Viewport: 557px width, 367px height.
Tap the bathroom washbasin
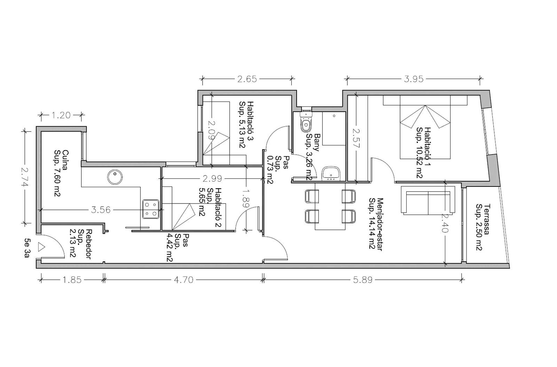point(331,174)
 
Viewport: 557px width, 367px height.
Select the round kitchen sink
point(115,177)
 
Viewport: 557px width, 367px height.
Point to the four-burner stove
point(151,209)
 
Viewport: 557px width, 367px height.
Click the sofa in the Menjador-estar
point(428,200)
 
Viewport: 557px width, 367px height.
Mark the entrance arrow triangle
point(41,247)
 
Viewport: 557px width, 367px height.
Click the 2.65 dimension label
point(247,79)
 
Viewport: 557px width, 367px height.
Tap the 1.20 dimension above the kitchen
point(61,115)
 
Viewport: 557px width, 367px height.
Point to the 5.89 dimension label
point(363,280)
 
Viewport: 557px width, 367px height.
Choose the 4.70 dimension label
point(183,280)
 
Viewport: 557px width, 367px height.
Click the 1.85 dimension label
point(72,280)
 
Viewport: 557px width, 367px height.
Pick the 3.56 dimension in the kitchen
point(101,210)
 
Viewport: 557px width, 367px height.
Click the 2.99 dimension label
point(212,178)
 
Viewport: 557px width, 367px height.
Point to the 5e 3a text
point(27,248)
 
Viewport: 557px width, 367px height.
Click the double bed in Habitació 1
point(425,127)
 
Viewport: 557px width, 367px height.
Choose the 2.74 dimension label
point(25,177)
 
